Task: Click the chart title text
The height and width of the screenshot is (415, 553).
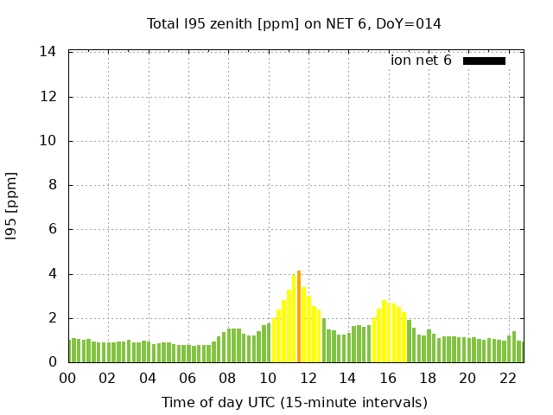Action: pos(294,23)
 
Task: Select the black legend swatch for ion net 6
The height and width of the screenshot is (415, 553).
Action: pos(484,61)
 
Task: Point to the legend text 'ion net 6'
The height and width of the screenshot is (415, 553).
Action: pos(421,61)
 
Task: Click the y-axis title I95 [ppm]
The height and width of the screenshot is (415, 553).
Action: pos(12,207)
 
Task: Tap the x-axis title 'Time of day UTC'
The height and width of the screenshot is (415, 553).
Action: pos(294,402)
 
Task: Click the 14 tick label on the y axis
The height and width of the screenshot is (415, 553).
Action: pos(48,52)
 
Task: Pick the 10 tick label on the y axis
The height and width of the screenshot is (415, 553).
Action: pos(48,141)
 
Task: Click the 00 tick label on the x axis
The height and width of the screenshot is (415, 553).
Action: pos(67,379)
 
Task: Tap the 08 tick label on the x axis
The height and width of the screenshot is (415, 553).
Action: pos(227,379)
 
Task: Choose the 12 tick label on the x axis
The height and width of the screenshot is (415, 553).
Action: pos(308,379)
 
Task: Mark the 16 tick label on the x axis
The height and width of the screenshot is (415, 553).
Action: pos(387,379)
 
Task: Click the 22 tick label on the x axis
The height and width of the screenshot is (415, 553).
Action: pos(507,379)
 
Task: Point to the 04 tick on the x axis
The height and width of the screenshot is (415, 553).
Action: pos(148,379)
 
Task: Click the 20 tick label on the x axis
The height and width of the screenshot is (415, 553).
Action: pos(467,379)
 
